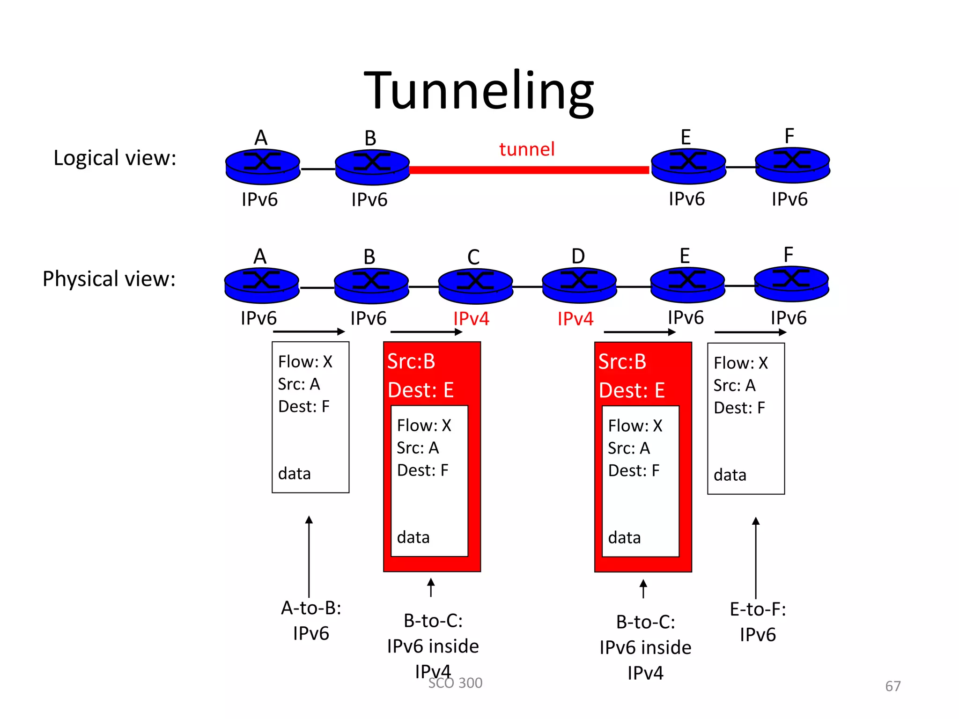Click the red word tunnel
[527, 149]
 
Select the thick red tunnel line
[529, 170]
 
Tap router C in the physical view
[476, 285]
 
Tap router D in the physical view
[579, 284]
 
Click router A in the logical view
[263, 166]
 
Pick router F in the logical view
[792, 165]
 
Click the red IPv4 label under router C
[471, 319]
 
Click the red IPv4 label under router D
[575, 319]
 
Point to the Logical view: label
[115, 158]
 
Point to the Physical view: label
[109, 279]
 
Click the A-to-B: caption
[311, 608]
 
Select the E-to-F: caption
[758, 609]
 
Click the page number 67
[893, 686]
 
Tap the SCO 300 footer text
[455, 683]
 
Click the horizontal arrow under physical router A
[309, 331]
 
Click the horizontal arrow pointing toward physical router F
[750, 332]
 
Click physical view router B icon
[371, 285]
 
